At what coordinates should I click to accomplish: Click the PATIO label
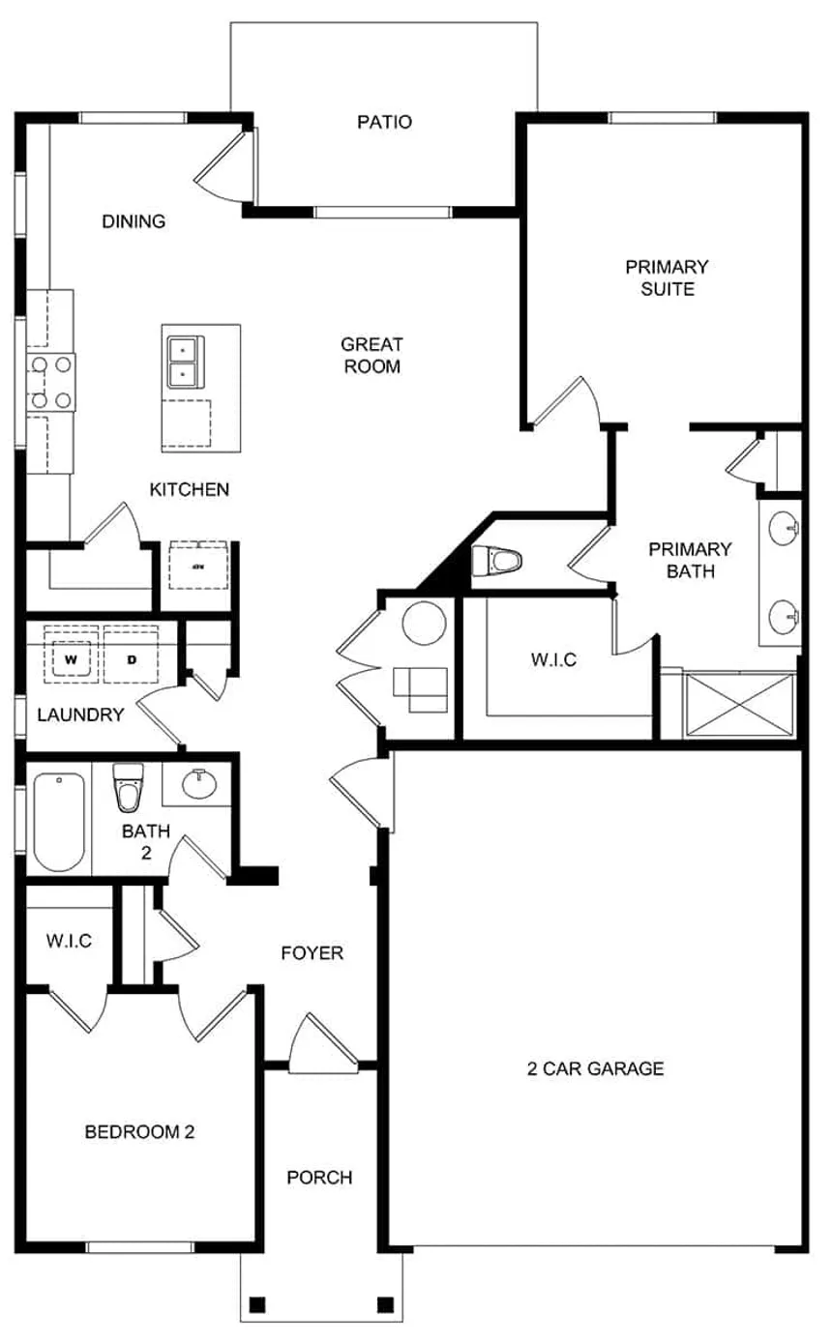coord(384,123)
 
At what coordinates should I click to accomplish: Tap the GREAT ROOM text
coord(371,355)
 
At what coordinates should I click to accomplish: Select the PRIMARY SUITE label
coord(667,277)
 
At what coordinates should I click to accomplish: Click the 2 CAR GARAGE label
coord(595,1068)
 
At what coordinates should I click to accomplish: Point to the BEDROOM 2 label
coord(139,1131)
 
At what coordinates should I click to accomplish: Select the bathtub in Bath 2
coord(59,822)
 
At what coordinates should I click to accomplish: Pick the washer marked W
coord(71,659)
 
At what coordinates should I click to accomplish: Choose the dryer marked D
coord(132,659)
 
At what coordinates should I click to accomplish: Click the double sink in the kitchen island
coord(182,361)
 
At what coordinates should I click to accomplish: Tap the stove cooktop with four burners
coord(50,381)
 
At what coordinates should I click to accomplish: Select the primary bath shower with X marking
coord(739,707)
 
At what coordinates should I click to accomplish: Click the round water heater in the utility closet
coord(424,624)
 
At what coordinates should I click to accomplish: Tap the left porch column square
coord(256,1304)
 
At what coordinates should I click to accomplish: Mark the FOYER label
coord(312,953)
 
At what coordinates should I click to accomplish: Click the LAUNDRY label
coord(80,715)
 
